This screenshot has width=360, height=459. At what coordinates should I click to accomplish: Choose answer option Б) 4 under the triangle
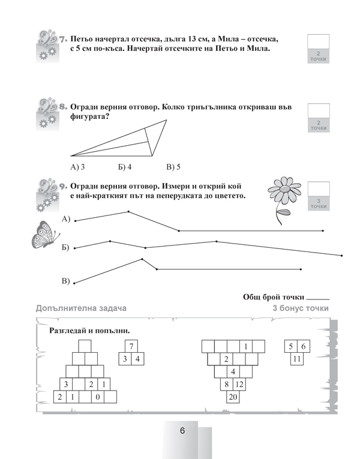tap(125, 166)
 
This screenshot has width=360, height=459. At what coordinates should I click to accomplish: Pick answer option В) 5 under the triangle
tap(173, 166)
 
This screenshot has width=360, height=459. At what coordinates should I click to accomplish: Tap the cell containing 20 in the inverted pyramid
tap(233, 397)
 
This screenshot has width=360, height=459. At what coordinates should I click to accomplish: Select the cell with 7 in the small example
tap(132, 346)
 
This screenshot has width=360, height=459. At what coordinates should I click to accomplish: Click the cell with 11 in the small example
tap(296, 359)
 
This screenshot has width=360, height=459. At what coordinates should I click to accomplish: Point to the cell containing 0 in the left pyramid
tap(97, 397)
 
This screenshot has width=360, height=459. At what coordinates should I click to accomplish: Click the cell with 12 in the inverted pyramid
tap(239, 384)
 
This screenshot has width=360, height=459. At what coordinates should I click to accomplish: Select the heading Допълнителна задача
tap(82, 308)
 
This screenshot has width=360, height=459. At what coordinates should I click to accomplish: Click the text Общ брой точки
tap(273, 297)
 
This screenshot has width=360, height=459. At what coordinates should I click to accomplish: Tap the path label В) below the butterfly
tap(66, 280)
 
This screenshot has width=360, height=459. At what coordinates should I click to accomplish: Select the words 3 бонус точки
tap(301, 308)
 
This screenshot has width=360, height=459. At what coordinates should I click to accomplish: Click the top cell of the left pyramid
tap(85, 346)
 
